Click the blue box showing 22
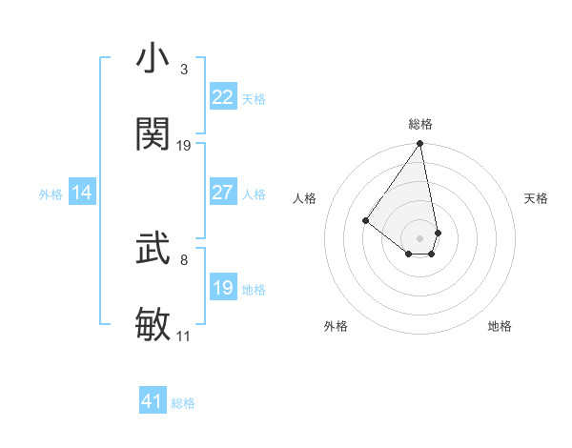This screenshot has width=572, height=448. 223,97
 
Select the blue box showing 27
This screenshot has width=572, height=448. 223,193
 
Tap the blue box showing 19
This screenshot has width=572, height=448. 223,288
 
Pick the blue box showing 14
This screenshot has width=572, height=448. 82,193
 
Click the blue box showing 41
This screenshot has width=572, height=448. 153,401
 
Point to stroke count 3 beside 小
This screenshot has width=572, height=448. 184,70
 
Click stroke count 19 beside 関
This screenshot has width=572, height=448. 184,146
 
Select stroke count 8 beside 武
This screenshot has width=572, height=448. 184,259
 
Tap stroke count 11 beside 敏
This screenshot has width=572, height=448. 184,336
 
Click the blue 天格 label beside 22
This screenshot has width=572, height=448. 254,98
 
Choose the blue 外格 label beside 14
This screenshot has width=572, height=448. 51,193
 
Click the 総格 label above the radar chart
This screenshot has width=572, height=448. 420,124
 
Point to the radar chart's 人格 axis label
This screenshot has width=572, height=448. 305,198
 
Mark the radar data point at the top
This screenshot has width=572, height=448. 419,145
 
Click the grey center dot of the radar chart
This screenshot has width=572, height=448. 419,237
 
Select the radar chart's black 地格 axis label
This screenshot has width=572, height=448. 500,326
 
